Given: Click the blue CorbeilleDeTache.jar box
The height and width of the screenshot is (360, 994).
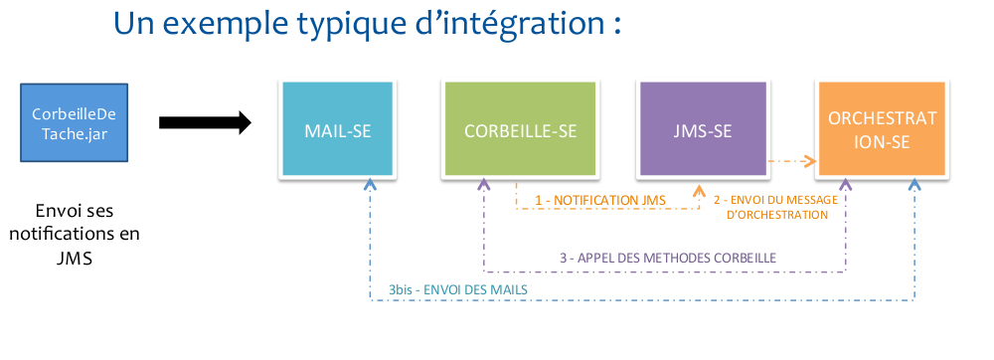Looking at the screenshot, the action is (75, 122).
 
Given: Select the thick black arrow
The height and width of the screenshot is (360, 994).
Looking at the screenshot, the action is (205, 122).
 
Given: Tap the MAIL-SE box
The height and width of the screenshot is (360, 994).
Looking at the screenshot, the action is (337, 129).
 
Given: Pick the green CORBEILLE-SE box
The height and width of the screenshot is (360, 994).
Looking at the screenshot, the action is (520, 129).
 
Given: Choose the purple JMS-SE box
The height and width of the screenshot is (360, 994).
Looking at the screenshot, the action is (703, 129).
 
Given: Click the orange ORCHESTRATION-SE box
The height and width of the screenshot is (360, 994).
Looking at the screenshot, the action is (882, 129).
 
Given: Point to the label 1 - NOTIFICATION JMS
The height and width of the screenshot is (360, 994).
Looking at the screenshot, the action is (599, 200).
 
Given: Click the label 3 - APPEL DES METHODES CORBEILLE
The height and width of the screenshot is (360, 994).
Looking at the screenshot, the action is (668, 258).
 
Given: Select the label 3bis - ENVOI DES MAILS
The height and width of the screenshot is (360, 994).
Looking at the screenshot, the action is (458, 289).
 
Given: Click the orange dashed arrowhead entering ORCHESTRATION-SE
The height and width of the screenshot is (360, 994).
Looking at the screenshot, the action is (808, 161).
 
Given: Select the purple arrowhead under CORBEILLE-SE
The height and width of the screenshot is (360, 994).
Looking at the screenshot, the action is (484, 184).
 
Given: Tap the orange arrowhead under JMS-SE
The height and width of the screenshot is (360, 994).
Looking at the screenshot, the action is (699, 190).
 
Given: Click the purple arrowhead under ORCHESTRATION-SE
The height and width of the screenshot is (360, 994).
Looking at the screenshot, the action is (845, 184).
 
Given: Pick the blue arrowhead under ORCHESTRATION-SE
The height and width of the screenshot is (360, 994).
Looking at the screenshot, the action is (914, 184).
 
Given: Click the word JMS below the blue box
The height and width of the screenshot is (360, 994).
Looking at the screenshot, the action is (75, 259).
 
